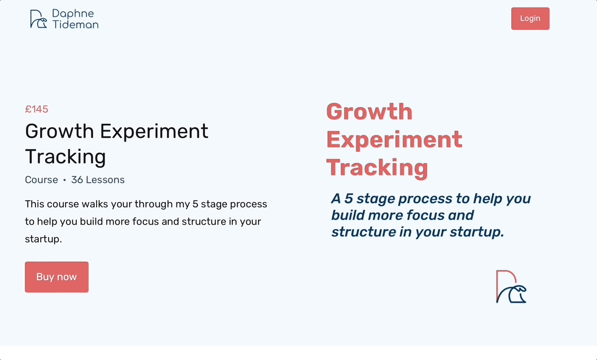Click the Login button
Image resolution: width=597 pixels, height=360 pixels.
coord(530,18)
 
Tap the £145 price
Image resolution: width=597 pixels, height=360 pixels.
coord(37,109)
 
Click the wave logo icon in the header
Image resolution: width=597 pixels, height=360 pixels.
coord(38,19)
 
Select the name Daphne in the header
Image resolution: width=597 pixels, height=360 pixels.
coord(73,14)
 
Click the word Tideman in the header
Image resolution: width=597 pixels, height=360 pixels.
coord(76,24)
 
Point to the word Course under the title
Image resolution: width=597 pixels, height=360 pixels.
coord(42,179)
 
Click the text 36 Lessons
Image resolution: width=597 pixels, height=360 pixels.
coord(98,179)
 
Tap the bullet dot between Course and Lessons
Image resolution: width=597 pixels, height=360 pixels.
coord(65,180)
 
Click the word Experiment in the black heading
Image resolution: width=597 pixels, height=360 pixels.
coord(154,131)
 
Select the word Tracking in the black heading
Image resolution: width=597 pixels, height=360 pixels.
coord(65,156)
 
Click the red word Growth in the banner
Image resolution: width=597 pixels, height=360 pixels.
coord(370,112)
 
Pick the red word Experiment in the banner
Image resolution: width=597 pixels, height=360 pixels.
coord(394,140)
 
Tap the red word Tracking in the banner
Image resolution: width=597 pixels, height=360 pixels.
coord(377,168)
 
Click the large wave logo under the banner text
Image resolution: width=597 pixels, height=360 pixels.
coord(511,287)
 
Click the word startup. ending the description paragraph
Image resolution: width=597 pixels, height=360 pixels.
coord(43,239)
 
